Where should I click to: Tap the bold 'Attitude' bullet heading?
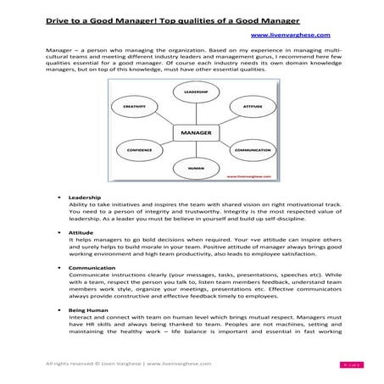[x=81, y=231]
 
